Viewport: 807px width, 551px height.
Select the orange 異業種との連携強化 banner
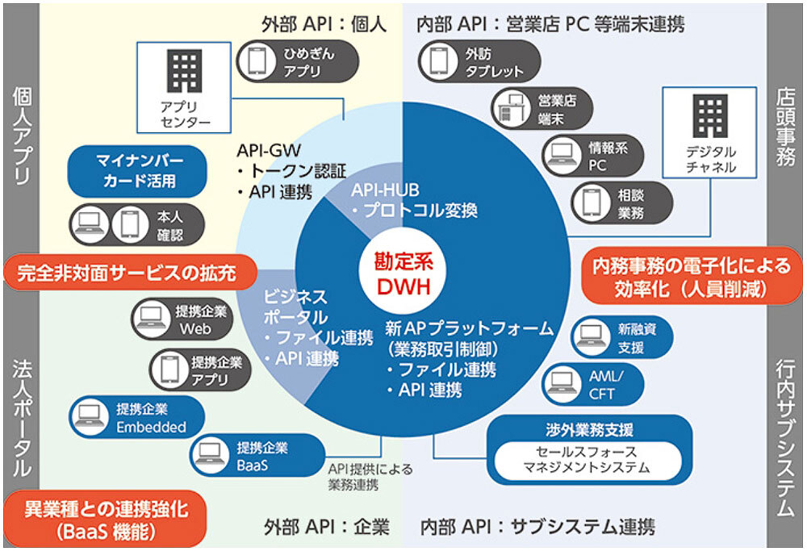pos(106,519)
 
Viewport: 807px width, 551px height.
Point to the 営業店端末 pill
pos(541,109)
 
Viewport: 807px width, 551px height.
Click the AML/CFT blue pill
pos(594,383)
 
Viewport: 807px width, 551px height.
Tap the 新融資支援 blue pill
pos(619,339)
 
